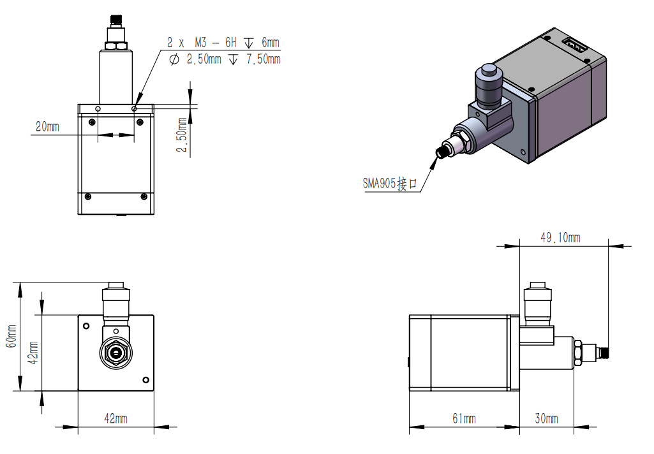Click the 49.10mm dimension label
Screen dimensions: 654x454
(560, 238)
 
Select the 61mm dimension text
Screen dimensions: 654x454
(464, 418)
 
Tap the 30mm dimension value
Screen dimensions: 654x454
(546, 418)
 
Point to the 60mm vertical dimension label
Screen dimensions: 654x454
(11, 336)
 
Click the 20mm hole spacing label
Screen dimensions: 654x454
(48, 126)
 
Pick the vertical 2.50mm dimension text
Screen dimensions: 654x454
(182, 135)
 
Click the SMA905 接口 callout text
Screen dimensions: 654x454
(390, 183)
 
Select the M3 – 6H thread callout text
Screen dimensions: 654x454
(215, 42)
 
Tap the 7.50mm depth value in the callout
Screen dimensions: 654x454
(263, 59)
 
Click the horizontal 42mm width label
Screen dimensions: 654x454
(115, 418)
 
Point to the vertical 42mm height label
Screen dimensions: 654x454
(33, 352)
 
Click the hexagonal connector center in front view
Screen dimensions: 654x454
(116, 353)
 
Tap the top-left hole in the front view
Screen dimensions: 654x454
(86, 326)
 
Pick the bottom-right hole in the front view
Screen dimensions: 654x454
(145, 380)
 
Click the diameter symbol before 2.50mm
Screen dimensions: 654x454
(174, 59)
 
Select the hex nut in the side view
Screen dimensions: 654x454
(577, 353)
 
